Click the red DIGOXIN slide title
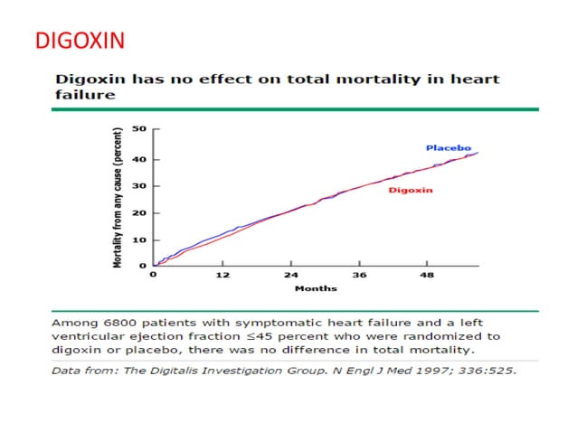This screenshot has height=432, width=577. pyautogui.click(x=79, y=41)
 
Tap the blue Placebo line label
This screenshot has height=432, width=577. pyautogui.click(x=445, y=147)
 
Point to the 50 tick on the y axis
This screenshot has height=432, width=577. pyautogui.click(x=141, y=129)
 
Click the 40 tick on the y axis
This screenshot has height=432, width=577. pyautogui.click(x=141, y=160)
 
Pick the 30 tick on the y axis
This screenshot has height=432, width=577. pyautogui.click(x=141, y=186)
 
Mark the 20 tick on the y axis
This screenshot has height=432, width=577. pyautogui.click(x=141, y=213)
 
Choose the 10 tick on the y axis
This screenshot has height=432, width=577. pyautogui.click(x=141, y=239)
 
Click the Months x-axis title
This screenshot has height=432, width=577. pyautogui.click(x=316, y=288)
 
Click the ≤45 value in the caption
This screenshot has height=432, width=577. pyautogui.click(x=250, y=336)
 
